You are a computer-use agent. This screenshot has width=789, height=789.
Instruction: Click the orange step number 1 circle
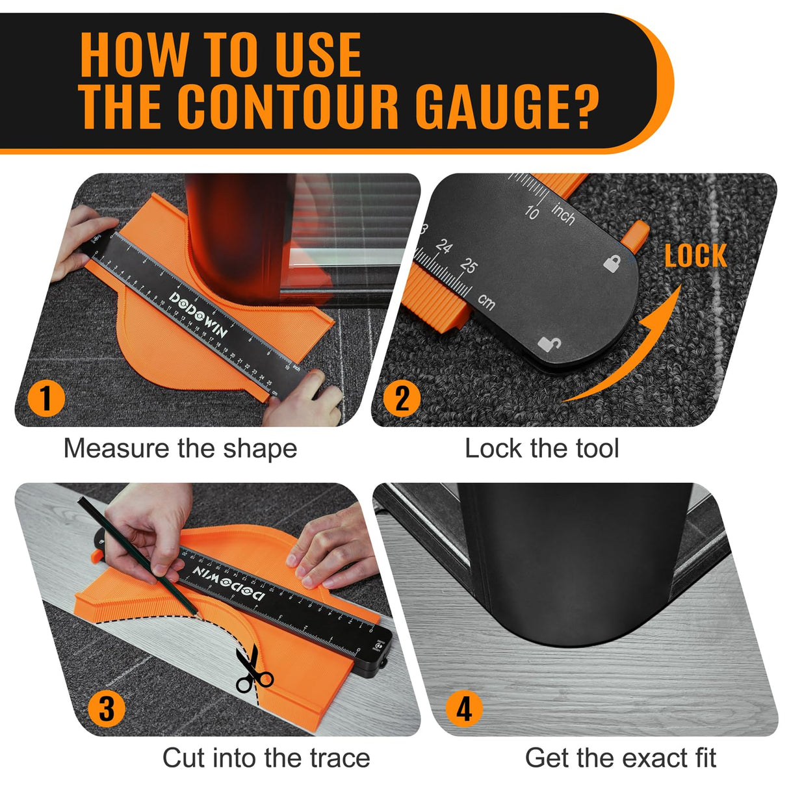[46, 397]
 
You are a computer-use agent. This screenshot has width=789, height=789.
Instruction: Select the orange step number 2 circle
[402, 397]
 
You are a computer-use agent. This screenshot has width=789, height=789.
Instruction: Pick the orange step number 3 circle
[107, 708]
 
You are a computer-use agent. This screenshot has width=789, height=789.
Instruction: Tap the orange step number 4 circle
[464, 708]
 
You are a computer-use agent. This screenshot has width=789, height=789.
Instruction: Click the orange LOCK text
[695, 256]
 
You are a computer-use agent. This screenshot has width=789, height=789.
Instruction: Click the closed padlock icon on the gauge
[612, 263]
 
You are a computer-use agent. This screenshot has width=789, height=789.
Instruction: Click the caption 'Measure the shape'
[180, 448]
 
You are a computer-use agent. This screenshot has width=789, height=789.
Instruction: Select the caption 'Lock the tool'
[541, 448]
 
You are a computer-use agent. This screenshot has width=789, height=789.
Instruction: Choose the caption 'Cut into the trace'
[266, 758]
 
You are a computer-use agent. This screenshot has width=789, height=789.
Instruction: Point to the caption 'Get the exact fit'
[620, 758]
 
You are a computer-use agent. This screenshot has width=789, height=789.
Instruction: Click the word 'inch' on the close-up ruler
[563, 214]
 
